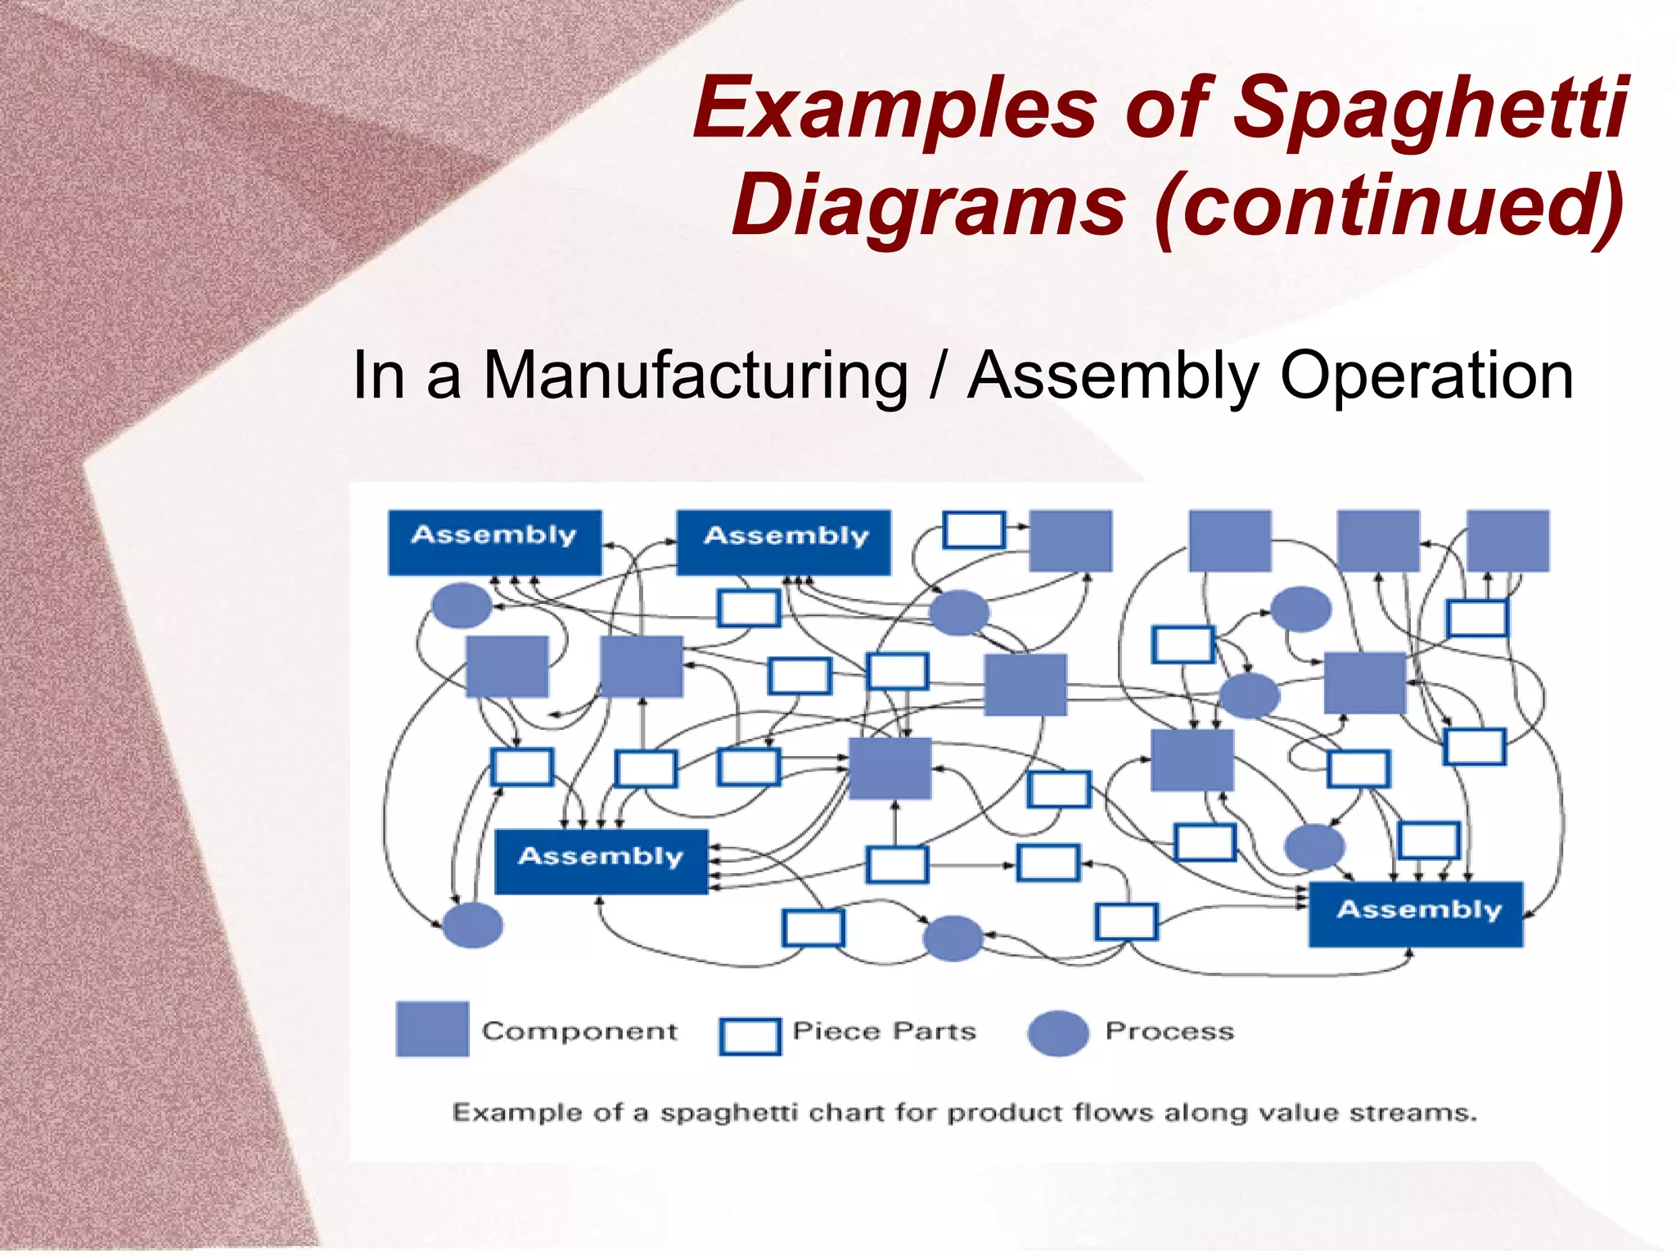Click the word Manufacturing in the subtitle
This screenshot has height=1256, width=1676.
coord(695,376)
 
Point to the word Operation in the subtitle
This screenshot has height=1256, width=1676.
coord(1426,376)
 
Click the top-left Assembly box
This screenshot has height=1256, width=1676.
coord(494,542)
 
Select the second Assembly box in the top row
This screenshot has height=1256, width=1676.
coord(783,542)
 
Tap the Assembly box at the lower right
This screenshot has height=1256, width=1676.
coord(1416,914)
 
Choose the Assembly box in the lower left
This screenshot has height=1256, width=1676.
coord(601,861)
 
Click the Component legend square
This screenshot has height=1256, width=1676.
coord(432,1029)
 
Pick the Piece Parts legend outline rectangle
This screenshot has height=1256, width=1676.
coord(750,1036)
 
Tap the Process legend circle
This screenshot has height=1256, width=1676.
coord(1058,1033)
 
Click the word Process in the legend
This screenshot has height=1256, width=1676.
coord(1169,1031)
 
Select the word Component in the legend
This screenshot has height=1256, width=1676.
coord(579,1031)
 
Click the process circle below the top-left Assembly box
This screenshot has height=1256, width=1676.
coord(462,605)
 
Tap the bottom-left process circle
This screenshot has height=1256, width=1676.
coord(472,925)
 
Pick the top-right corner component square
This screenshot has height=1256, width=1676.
coord(1507,541)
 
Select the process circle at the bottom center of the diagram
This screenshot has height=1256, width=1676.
coord(953,938)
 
